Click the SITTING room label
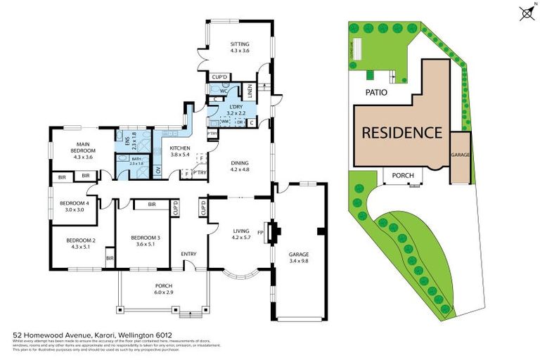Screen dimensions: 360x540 [x=240, y=48]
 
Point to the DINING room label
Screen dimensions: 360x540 [x=240, y=166]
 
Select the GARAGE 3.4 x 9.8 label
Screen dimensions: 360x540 [x=300, y=257]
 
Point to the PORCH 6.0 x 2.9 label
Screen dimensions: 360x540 [x=163, y=289]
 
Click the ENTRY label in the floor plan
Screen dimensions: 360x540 [x=188, y=254]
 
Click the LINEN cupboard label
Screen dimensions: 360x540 [x=249, y=91]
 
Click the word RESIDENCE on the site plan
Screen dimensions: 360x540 [x=401, y=132]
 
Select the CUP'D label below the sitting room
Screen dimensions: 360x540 [x=220, y=77]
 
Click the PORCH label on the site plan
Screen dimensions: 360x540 [x=403, y=176]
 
